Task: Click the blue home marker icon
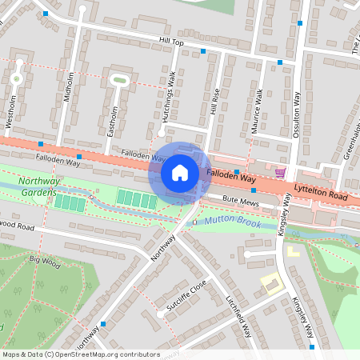pos(180,172)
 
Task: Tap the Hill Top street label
pos(171,42)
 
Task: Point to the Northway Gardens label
pos(38,188)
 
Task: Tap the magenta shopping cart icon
pos(280,173)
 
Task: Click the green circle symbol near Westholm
pos(15,78)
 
